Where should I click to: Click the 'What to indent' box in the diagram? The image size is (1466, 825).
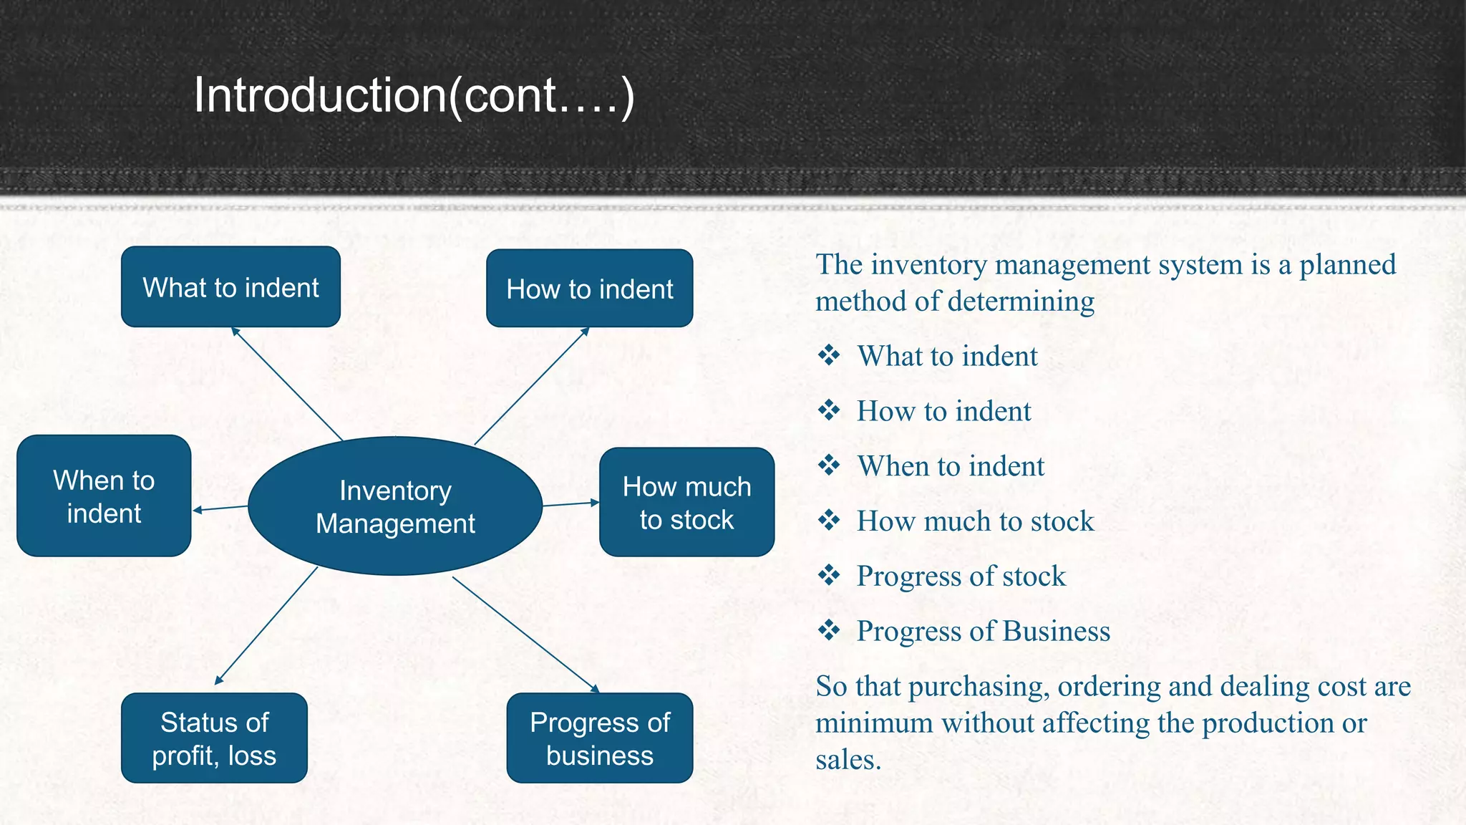pos(230,287)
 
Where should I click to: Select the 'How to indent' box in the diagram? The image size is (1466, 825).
pos(589,289)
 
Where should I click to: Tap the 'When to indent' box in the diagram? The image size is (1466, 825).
pos(104,496)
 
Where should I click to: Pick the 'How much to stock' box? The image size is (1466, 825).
pos(686,503)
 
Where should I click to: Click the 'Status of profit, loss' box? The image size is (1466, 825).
pos(214,738)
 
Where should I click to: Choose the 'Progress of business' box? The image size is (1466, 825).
pos(600,738)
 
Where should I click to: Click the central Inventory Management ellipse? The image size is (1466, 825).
pos(395,506)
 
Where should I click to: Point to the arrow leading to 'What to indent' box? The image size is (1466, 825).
pos(287,384)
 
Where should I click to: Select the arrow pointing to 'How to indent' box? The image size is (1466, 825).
pos(531,386)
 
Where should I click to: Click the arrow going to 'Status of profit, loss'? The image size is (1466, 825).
pos(266,625)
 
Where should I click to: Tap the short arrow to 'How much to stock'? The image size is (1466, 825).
pos(571,504)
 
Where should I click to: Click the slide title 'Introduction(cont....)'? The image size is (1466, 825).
pos(414,95)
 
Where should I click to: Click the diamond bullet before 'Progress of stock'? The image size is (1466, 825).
pos(829,575)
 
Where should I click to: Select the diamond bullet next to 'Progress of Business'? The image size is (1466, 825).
pos(829,630)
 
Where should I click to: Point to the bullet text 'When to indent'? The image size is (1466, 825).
pos(951,466)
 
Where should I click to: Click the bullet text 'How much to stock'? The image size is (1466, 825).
pos(975,521)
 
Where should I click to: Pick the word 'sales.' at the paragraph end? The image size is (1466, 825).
pos(848,760)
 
